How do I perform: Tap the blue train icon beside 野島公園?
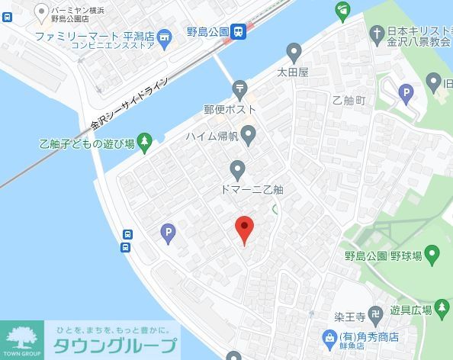tap(240, 31)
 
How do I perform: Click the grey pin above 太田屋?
tap(294, 52)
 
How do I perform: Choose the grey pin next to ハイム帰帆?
tap(248, 135)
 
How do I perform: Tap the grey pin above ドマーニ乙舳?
tap(238, 168)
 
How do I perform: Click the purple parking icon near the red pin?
tap(169, 233)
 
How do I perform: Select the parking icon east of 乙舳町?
tap(406, 94)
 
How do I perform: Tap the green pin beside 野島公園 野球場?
tap(432, 254)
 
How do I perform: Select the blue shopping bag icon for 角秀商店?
tap(329, 336)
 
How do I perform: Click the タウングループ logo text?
tap(114, 346)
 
